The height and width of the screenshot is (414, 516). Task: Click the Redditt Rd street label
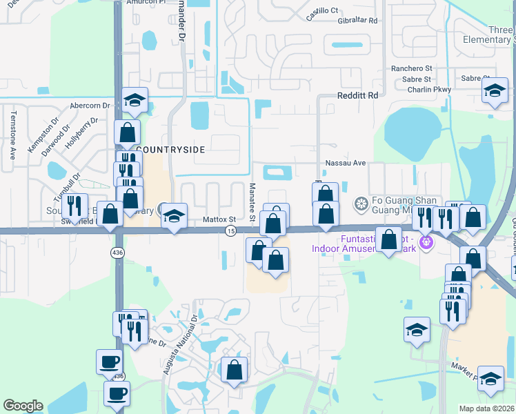(x=358, y=95)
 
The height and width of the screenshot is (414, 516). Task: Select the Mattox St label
(x=219, y=219)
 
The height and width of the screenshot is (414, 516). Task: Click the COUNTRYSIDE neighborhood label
(x=170, y=149)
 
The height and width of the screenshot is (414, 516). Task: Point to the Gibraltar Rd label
(x=354, y=21)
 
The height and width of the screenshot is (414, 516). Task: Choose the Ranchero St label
(x=411, y=69)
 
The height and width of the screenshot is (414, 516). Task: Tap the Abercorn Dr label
(x=90, y=106)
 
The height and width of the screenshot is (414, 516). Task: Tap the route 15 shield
(x=230, y=230)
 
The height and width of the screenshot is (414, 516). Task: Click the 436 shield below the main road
(x=118, y=253)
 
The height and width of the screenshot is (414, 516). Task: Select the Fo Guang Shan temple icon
(x=359, y=204)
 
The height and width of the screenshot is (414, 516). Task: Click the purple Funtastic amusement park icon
(x=427, y=242)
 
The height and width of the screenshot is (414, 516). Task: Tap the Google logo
(x=23, y=406)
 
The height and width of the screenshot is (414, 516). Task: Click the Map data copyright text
(x=487, y=408)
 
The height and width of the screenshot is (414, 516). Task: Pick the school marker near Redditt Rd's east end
(x=493, y=91)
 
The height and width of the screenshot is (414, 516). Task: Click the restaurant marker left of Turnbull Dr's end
(x=75, y=205)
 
